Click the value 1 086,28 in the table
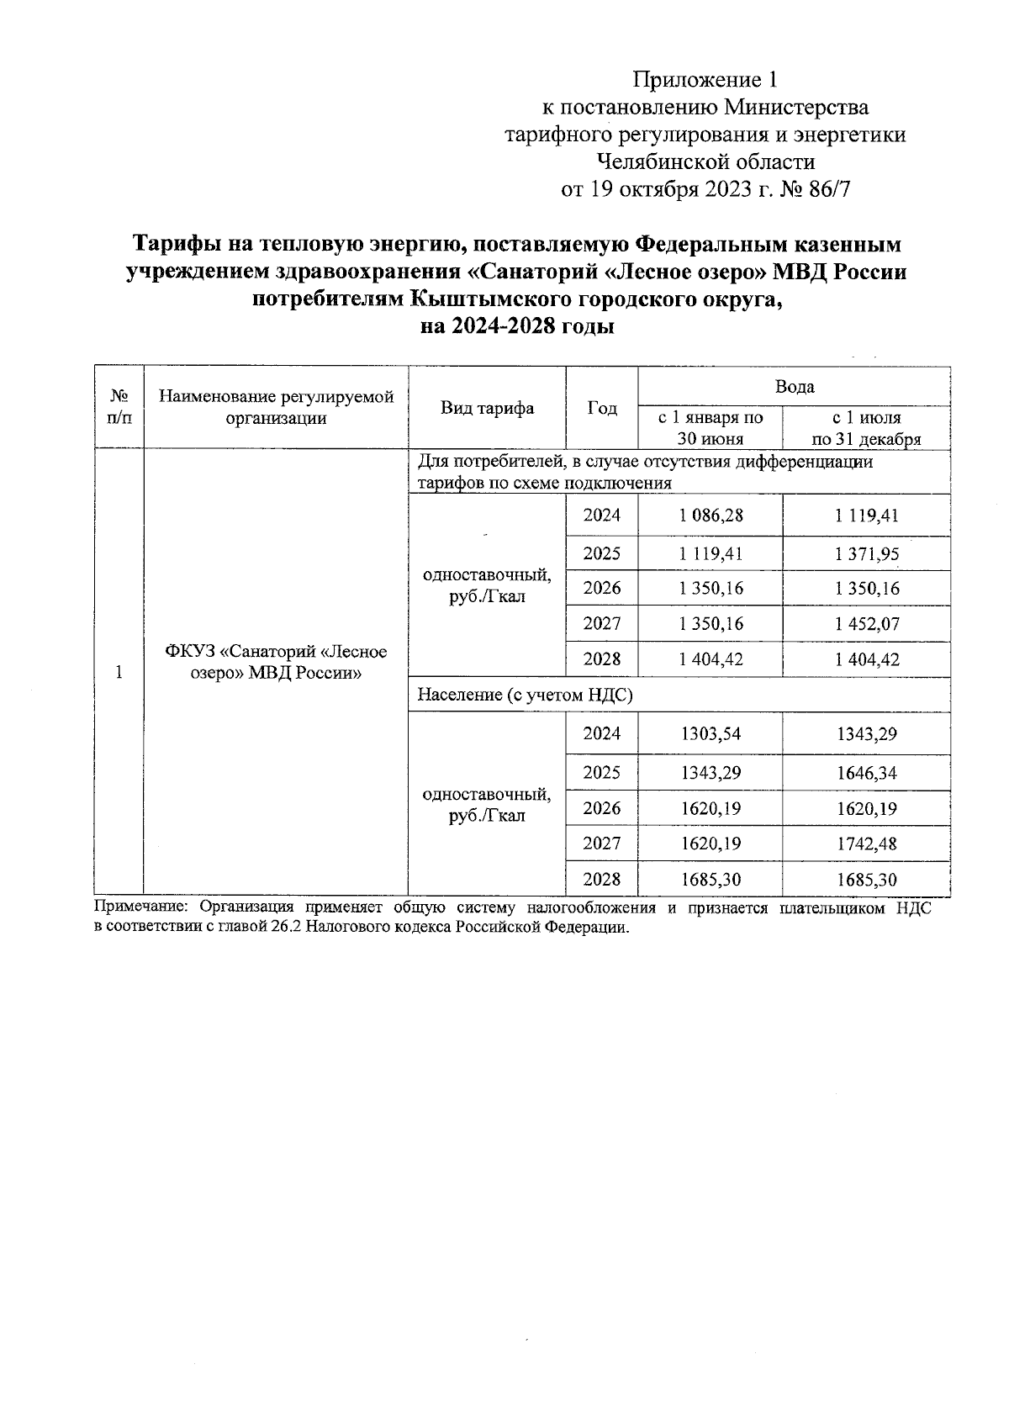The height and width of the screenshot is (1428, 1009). click(711, 516)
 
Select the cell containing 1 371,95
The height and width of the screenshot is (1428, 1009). click(866, 553)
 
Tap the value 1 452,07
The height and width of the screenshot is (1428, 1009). click(866, 624)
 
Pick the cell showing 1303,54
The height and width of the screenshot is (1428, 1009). click(711, 734)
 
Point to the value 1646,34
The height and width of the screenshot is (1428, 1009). click(866, 773)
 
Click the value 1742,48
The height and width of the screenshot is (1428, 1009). click(866, 844)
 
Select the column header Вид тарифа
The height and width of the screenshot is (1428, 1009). click(487, 409)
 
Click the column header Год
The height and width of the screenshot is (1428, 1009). click(602, 409)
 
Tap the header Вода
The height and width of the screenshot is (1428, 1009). click(794, 387)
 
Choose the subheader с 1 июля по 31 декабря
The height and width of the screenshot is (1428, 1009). click(866, 428)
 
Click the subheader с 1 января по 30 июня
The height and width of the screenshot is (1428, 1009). click(711, 428)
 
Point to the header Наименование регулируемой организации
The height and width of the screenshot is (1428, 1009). click(276, 407)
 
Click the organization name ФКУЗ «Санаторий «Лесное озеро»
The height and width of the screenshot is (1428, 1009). click(276, 662)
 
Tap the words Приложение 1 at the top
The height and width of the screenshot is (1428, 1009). click(705, 80)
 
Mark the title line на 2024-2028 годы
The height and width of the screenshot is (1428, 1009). click(516, 326)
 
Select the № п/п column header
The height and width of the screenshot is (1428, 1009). click(119, 407)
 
